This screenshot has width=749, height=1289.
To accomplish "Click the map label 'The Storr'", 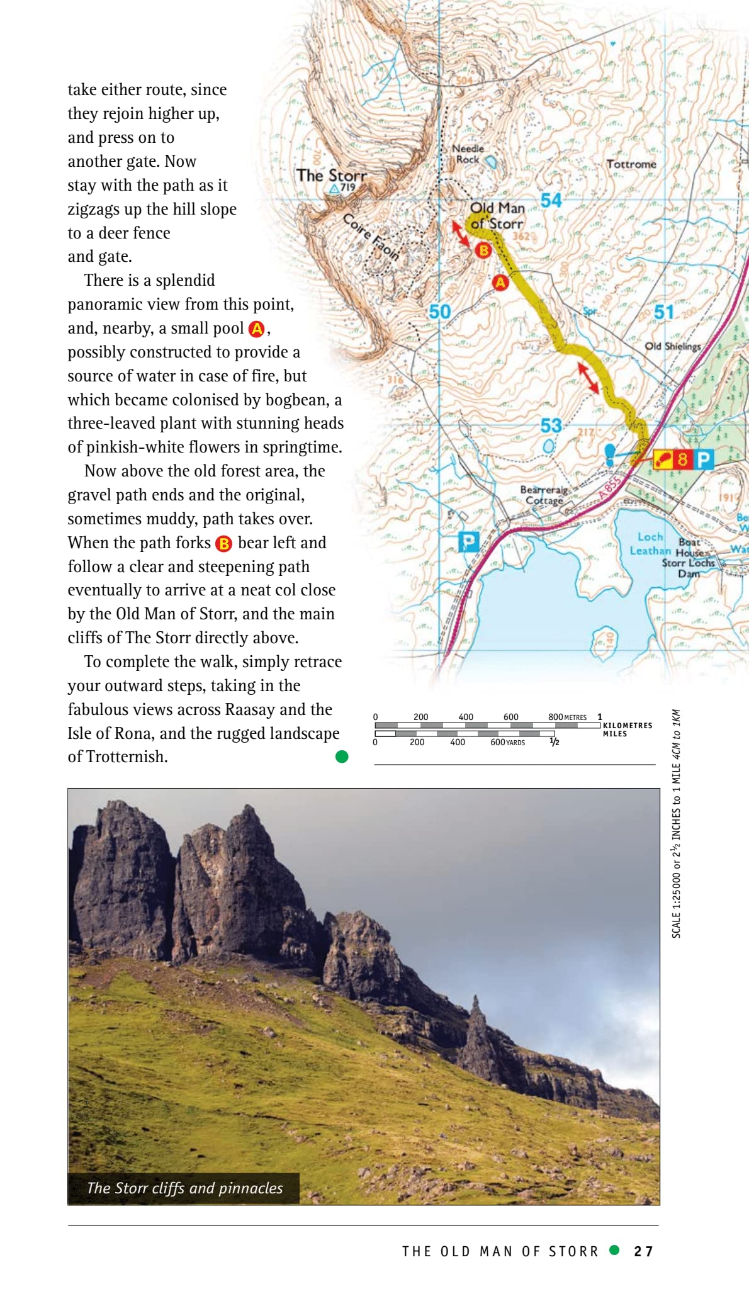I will [x=331, y=175].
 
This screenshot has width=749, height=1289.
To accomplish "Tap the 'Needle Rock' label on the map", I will [x=468, y=154].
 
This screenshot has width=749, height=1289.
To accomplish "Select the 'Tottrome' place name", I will [x=631, y=164].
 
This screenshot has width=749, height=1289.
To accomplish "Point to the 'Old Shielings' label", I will [x=672, y=346].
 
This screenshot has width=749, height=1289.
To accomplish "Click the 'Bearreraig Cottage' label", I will [x=544, y=495].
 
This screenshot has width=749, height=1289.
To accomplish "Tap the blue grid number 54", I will [x=551, y=200].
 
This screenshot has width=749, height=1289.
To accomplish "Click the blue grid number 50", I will [x=440, y=312].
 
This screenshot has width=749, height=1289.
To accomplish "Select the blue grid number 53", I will [x=551, y=425].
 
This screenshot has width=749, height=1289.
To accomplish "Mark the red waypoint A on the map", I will [x=500, y=283].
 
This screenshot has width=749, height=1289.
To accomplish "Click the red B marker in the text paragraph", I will [x=223, y=544].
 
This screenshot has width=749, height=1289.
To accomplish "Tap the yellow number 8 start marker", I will [x=683, y=459].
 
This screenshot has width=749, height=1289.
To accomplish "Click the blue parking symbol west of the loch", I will [x=468, y=541].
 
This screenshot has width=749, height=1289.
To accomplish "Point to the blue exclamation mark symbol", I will [x=609, y=454].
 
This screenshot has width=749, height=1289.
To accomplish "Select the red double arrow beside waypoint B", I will [x=461, y=233].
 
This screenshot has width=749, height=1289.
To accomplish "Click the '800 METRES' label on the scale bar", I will [x=567, y=717].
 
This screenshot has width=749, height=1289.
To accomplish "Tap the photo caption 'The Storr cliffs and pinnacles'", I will [x=184, y=1188].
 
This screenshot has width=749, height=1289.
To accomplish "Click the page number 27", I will [x=643, y=1251].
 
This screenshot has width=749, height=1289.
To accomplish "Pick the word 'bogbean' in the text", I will [x=296, y=400].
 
